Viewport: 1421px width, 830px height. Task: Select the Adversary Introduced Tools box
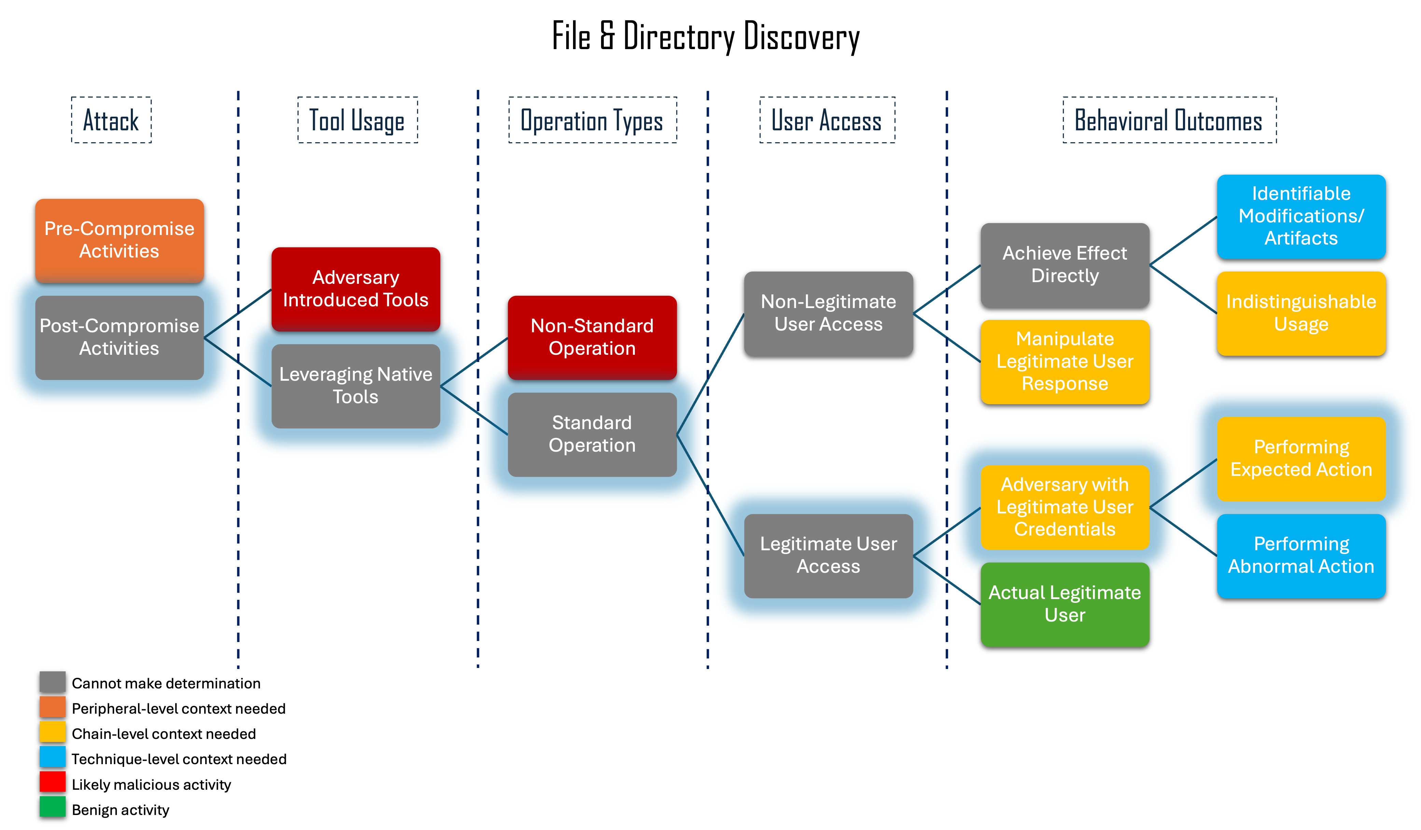coord(356,289)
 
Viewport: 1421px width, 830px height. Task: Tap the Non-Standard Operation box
coord(592,337)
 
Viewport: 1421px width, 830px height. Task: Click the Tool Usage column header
coord(358,120)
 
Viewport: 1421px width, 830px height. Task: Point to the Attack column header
coord(111,120)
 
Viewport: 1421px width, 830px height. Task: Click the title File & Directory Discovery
coord(706,37)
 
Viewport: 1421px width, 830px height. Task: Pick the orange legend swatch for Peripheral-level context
coord(53,707)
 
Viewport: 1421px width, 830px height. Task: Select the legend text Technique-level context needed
coord(179,759)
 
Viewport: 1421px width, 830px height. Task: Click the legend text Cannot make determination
coord(166,683)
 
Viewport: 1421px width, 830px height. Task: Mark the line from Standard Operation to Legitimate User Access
coord(710,495)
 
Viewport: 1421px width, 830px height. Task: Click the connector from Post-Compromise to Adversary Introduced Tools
coord(237,313)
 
